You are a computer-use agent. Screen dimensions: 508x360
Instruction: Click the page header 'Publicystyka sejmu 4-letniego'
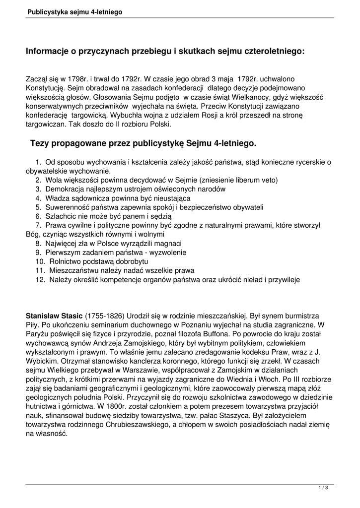pyautogui.click(x=75, y=10)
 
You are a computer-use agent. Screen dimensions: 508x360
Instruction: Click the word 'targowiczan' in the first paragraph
pyautogui.click(x=44, y=125)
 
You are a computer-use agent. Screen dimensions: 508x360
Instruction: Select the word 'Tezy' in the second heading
pyautogui.click(x=39, y=143)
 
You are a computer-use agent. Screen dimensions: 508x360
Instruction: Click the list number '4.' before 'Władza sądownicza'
pyautogui.click(x=38, y=198)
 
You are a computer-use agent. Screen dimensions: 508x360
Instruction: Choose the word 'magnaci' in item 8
pyautogui.click(x=169, y=243)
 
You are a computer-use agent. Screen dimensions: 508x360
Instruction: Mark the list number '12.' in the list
pyautogui.click(x=40, y=279)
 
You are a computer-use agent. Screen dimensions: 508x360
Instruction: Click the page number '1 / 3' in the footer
pyautogui.click(x=323, y=488)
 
